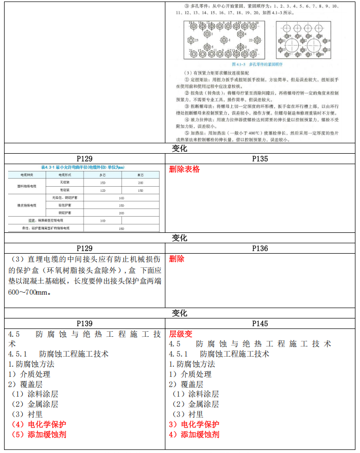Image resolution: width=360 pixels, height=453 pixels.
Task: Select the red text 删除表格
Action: point(184,169)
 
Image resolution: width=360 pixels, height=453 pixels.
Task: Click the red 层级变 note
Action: point(181,334)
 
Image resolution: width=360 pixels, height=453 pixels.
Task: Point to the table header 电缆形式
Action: point(64,175)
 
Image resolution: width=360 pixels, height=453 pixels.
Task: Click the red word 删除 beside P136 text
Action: point(176,259)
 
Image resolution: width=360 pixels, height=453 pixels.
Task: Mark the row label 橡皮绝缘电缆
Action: point(26,205)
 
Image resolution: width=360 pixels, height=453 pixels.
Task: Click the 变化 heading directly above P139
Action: point(180,313)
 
